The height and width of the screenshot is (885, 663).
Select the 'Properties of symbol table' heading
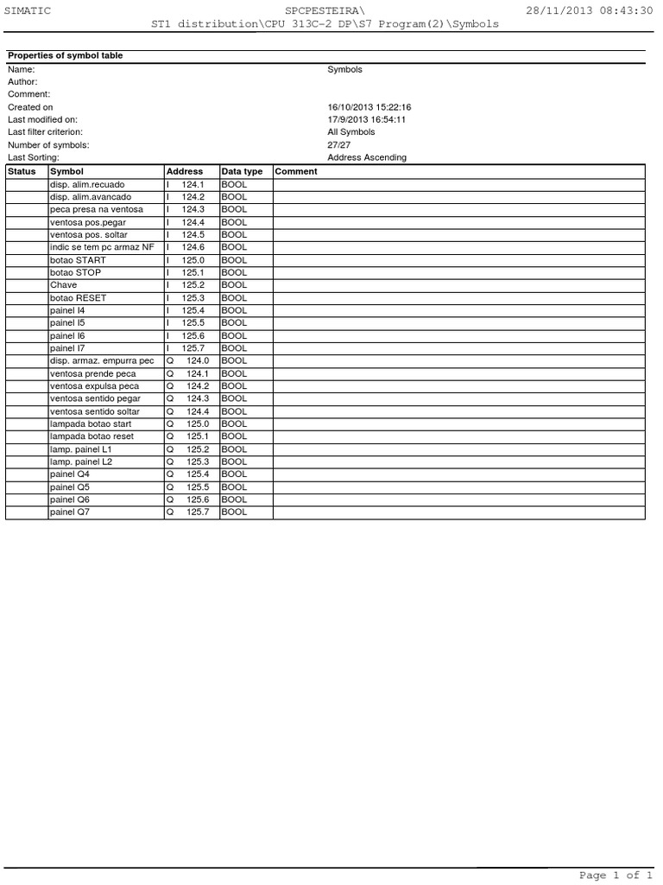[x=65, y=55]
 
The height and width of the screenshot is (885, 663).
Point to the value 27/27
[x=338, y=145]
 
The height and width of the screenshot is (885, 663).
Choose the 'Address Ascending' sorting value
[x=366, y=158]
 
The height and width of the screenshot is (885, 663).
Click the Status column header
[x=22, y=171]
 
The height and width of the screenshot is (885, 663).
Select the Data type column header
[x=242, y=171]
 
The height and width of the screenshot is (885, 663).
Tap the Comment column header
[x=296, y=171]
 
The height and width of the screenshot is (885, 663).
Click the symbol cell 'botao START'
[x=79, y=260]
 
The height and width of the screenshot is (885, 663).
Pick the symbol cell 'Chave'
[x=63, y=285]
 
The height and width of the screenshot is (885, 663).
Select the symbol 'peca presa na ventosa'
[x=97, y=209]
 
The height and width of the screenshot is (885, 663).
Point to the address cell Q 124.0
[x=188, y=360]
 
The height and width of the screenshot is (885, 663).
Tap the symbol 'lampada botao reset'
[x=92, y=436]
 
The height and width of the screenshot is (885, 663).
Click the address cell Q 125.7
[x=188, y=513]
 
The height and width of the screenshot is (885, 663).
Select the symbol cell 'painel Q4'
[x=70, y=474]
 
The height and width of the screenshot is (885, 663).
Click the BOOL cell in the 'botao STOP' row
[x=234, y=272]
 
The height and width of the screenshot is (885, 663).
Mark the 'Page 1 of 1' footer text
[x=615, y=875]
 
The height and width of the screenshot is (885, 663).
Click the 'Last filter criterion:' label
[x=46, y=132]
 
